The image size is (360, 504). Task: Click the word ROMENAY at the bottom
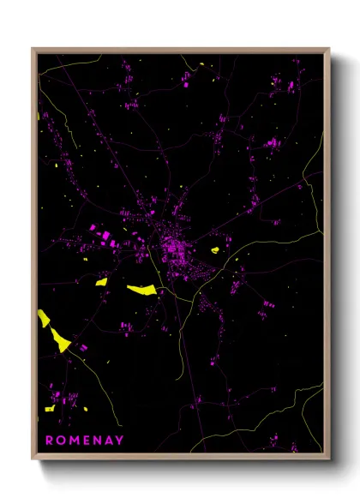[x=84, y=440]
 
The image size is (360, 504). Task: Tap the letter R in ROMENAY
[x=49, y=440]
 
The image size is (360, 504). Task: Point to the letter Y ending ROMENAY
[x=119, y=440]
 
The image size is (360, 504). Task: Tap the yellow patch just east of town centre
[x=214, y=250]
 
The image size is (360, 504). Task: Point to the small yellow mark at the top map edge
[x=201, y=64]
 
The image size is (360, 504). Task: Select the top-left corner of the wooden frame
[x=33, y=49]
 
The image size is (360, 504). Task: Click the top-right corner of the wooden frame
[x=329, y=49]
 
